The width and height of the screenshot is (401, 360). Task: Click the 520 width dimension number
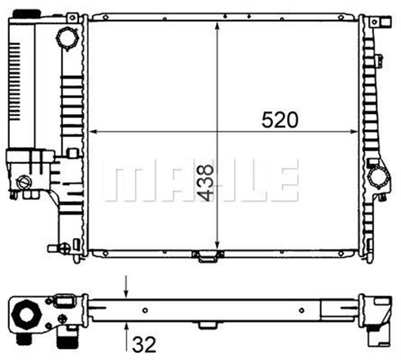pos(280,120)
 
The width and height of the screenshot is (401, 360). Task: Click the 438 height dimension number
pos(206,183)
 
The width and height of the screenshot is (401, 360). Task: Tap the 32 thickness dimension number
pos(144,345)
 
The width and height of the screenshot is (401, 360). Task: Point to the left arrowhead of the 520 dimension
pos(93,131)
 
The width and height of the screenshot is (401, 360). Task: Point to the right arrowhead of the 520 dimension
pos(353,131)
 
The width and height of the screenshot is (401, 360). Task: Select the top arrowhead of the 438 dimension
pos(217,26)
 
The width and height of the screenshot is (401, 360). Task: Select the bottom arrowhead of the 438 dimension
pos(217,245)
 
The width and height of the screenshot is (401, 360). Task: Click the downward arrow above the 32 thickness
pos(126,286)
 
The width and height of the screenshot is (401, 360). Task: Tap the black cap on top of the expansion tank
pos(26,13)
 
